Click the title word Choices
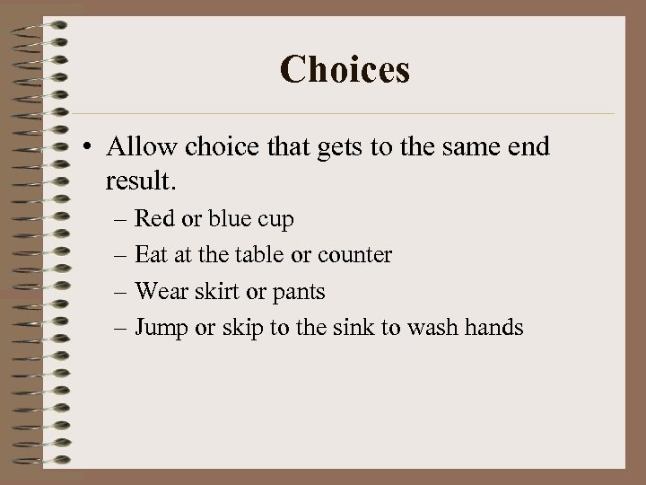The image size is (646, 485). [x=345, y=69]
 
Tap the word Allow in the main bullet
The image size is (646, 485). [x=142, y=146]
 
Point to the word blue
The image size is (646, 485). [x=230, y=218]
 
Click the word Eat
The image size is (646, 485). [x=150, y=255]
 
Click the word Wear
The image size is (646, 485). [x=159, y=292]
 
